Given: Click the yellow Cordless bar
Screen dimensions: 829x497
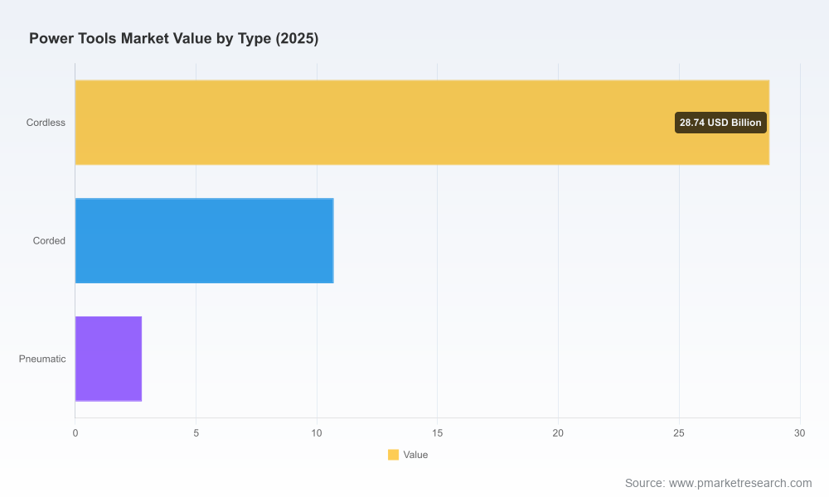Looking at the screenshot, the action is pos(422,123).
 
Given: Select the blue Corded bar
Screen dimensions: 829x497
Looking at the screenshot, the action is pos(204,241).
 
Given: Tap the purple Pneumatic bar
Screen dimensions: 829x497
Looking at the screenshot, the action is pos(109,359).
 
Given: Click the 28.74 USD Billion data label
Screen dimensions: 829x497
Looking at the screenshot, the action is pos(720,123).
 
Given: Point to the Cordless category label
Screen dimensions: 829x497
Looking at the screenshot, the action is pos(46,123).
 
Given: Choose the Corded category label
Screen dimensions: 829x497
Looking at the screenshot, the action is pos(49,241).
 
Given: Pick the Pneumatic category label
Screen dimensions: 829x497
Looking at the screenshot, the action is pos(42,359).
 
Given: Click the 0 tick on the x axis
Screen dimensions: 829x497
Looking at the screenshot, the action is pos(75,433).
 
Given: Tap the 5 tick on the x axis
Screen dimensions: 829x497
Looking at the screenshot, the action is pos(196,433).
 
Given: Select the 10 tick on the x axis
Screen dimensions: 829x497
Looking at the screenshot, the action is pos(317,433).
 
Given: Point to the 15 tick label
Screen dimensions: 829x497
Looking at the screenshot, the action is pos(437,433).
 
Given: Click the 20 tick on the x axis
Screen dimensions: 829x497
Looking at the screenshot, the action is pos(558,433).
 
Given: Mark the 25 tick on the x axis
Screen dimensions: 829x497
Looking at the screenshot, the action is pos(679,433).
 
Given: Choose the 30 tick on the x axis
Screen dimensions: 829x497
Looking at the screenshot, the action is pos(800,433).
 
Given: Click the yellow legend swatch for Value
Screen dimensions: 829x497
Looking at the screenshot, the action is pos(393,455).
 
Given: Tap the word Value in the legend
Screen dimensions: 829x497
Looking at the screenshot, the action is pos(415,455).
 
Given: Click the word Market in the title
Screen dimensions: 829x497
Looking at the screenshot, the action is pos(144,39).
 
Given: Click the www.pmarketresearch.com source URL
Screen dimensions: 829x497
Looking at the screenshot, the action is pos(740,483).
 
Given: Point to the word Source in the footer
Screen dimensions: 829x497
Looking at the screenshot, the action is pos(645,483).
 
